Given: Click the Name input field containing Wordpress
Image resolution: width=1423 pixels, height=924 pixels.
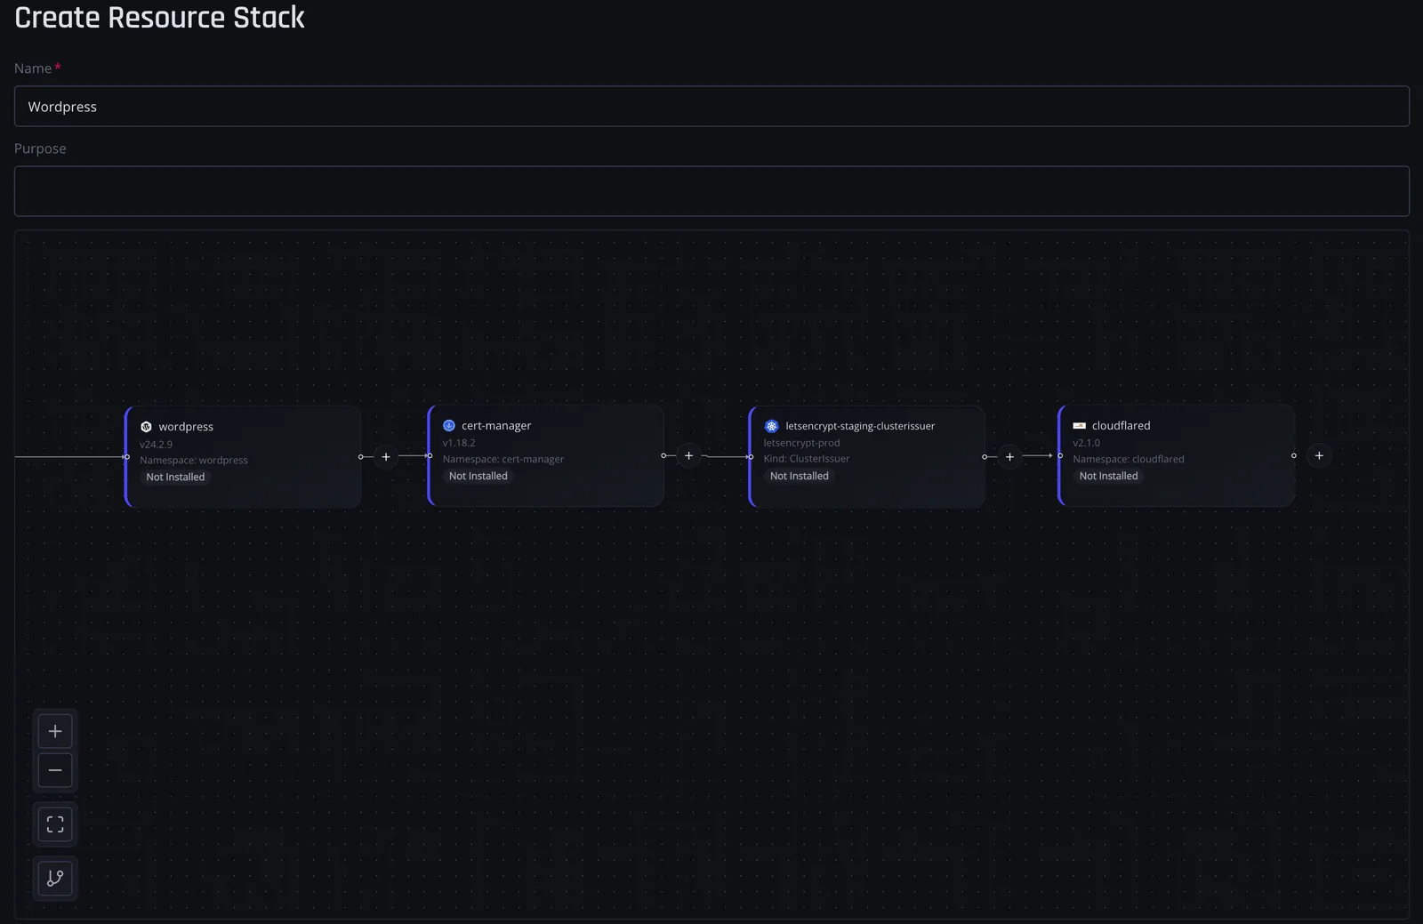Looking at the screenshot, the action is [x=711, y=106].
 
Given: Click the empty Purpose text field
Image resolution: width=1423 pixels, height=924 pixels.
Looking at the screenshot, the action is [x=711, y=191].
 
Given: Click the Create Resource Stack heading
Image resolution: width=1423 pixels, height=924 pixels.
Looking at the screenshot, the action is [x=159, y=17].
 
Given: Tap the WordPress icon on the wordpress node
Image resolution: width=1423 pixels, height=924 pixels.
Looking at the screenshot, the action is [x=146, y=427].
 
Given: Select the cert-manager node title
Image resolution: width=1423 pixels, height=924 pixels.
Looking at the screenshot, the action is [x=496, y=425].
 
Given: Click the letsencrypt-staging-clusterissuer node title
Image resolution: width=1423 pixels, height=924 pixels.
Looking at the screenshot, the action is [x=860, y=426].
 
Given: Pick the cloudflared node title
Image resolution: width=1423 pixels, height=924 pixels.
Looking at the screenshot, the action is [x=1121, y=425].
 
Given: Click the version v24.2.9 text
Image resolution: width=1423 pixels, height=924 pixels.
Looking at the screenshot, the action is [x=156, y=444].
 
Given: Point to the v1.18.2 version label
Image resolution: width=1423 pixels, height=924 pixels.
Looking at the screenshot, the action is [x=459, y=443].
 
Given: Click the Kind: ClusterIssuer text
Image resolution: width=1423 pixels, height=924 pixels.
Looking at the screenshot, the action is [x=806, y=459].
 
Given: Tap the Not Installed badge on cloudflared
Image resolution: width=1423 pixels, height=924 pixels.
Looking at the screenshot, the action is [x=1108, y=476].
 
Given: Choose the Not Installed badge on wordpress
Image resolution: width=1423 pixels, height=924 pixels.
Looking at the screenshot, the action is [x=175, y=477].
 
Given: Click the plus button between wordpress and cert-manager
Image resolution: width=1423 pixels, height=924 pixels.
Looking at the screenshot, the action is [x=386, y=456].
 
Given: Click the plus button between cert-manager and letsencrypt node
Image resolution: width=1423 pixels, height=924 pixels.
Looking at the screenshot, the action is [x=688, y=455].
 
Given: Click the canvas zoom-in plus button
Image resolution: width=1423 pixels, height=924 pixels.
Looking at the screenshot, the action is [x=55, y=732].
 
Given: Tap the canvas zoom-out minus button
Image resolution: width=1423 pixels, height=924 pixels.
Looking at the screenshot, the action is [x=55, y=770].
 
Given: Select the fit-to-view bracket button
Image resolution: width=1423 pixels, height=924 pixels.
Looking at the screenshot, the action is [x=55, y=824].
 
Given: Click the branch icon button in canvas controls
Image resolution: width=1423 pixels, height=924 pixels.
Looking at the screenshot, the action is [x=55, y=879].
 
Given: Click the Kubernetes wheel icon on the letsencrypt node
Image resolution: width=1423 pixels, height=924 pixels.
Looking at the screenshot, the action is [x=771, y=426].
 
